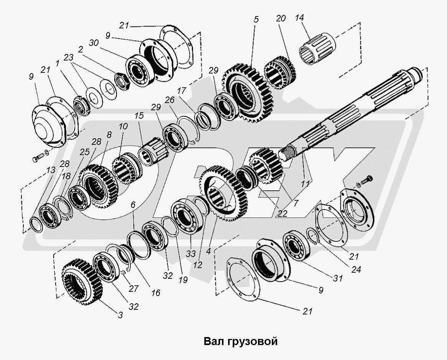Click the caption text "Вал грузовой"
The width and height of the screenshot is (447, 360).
click(240, 341)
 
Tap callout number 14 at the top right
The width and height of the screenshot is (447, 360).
click(300, 17)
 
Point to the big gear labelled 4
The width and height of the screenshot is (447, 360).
click(222, 194)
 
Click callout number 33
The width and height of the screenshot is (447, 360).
click(191, 253)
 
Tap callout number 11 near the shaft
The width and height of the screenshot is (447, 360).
click(305, 184)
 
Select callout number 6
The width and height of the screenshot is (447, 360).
click(133, 205)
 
